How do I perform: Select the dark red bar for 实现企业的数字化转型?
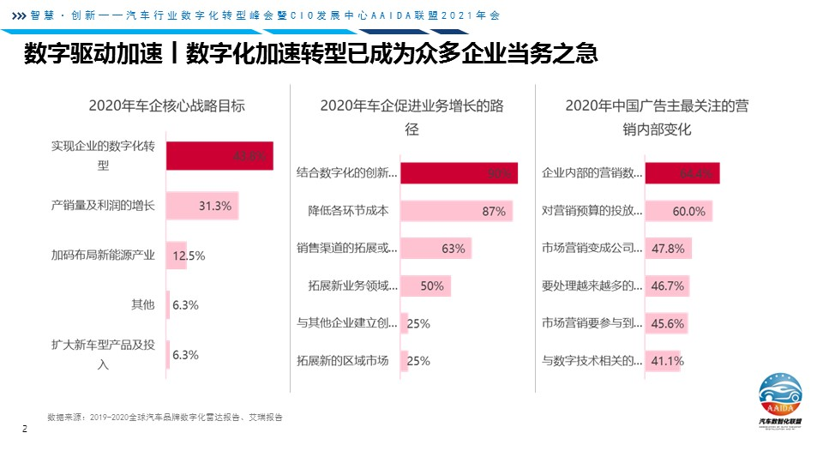click(219, 156)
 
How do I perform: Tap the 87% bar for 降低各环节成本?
click(456, 211)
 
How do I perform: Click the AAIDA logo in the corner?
click(780, 399)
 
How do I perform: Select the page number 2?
click(25, 429)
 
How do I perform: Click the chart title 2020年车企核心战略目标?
click(166, 106)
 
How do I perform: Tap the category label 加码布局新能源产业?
click(103, 255)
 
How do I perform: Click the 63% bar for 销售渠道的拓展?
click(436, 249)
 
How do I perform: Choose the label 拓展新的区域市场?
click(342, 360)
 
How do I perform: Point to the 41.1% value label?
click(666, 361)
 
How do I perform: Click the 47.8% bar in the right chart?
click(668, 249)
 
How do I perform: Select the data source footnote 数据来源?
click(165, 418)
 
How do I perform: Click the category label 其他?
click(142, 304)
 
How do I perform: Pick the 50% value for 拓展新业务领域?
click(431, 286)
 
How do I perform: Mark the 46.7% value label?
click(667, 286)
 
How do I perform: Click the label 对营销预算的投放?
click(592, 211)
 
